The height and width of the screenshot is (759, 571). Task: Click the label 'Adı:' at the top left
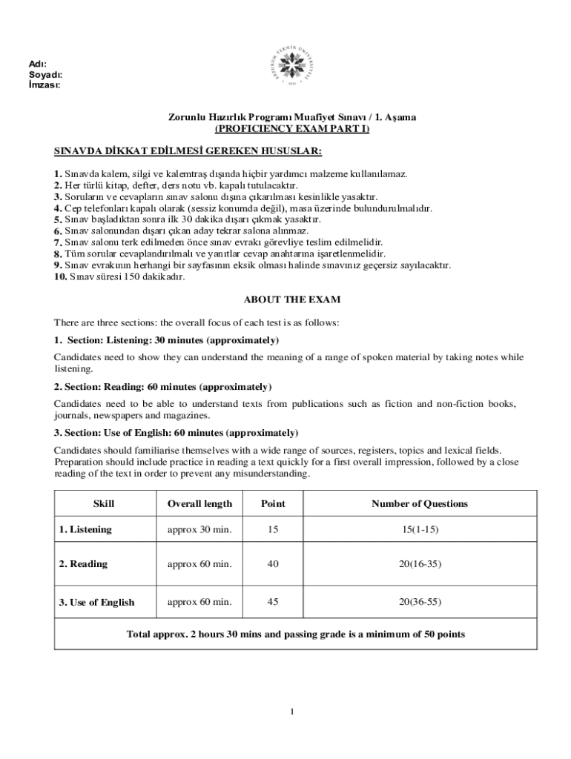pos(37,64)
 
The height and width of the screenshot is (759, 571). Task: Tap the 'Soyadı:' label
pos(45,75)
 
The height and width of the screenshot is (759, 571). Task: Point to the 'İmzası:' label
pos(44,84)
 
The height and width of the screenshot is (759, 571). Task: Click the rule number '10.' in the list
pos(60,277)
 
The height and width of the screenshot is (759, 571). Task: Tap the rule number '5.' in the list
pos(58,220)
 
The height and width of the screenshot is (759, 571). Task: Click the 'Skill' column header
pos(103,504)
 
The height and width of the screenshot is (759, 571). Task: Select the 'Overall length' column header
pos(199,504)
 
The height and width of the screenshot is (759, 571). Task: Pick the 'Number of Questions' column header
pos(420,504)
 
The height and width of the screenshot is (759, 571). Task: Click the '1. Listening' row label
pos(85,529)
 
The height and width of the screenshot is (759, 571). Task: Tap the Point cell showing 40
pos(273,564)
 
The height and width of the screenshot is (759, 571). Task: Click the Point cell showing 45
pos(273,602)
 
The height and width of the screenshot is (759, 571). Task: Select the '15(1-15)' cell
pos(420,529)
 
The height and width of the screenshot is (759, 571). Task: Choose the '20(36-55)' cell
pos(420,602)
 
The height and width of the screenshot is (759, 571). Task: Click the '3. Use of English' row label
pos(96,602)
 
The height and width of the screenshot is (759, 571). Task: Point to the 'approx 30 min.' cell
pos(199,529)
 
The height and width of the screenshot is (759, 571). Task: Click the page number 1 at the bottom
pos(292,712)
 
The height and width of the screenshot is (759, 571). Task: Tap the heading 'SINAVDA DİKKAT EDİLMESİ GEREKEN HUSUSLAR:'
pos(188,151)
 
